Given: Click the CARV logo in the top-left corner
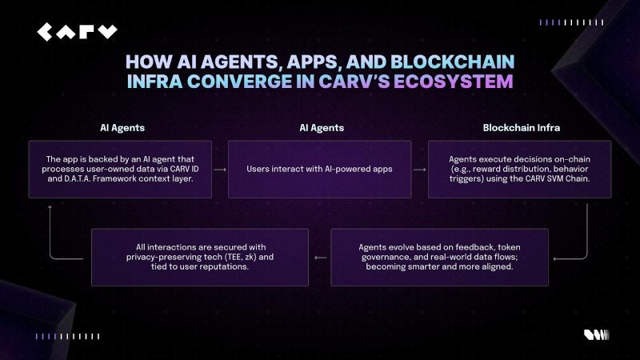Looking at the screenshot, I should tap(76, 32).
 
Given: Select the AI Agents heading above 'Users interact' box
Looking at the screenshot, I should tap(320, 127).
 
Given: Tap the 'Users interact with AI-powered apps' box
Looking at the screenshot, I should tap(320, 170).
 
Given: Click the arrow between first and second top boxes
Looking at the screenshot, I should tap(220, 170).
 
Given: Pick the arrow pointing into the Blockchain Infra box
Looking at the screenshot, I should tap(419, 170).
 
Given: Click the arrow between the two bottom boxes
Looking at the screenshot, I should tap(319, 258).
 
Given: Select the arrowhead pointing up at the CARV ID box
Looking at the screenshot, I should tap(50, 206).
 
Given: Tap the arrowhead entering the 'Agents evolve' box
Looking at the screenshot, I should tap(556, 258).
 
